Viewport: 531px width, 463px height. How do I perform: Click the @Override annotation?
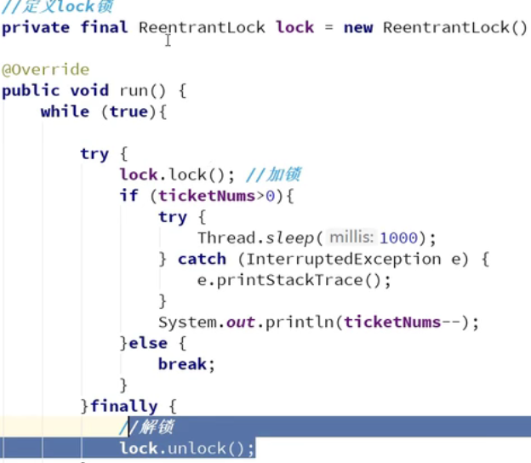(45, 69)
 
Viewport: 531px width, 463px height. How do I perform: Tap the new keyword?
(357, 27)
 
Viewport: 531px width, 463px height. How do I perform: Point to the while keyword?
(65, 111)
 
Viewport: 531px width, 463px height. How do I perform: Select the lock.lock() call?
(176, 175)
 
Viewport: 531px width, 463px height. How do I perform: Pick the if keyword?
(128, 197)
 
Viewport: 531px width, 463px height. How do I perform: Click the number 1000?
(400, 238)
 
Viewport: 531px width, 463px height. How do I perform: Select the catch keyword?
(202, 260)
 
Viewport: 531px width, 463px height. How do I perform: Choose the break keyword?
(182, 364)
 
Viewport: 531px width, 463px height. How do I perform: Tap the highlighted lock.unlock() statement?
(186, 449)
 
